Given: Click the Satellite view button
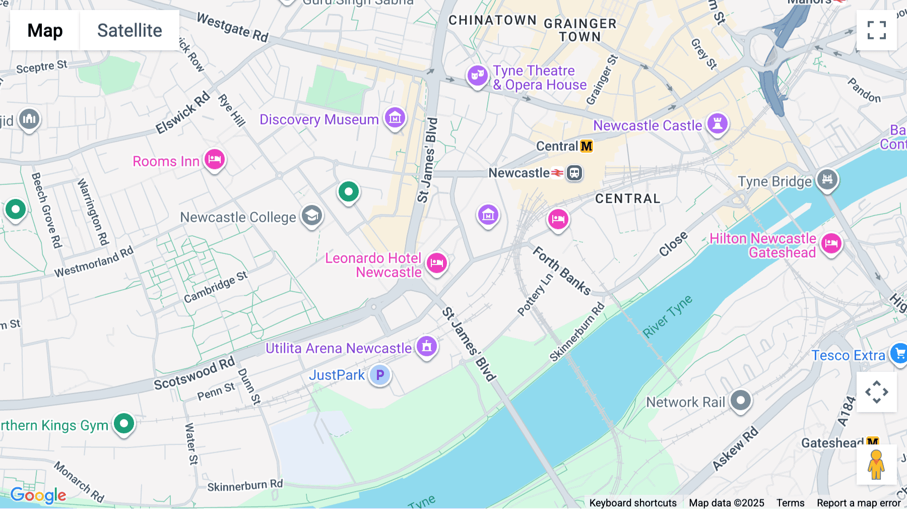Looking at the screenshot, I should coord(129,30).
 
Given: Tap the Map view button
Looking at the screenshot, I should coord(45,30).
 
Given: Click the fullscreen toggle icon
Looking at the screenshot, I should coord(876,30).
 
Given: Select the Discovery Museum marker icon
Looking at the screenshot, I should coord(395,118).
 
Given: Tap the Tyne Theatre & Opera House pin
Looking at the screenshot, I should coord(477,76).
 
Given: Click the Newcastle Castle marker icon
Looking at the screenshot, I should coord(718,123).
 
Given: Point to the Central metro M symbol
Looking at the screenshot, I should coord(587,146).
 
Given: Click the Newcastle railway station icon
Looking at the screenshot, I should coord(574,173).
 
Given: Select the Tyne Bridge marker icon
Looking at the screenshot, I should coord(827,179).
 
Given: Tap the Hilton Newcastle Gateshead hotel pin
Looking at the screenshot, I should coord(831,244).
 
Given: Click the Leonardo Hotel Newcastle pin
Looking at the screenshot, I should coord(437,263).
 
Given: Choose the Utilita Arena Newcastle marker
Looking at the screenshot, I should coord(427,347).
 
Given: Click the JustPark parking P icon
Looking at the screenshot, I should coord(380,375).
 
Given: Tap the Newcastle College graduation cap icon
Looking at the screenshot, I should coord(312,216).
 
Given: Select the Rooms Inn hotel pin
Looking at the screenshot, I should coord(215,160).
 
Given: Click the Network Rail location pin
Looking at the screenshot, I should coord(741,401).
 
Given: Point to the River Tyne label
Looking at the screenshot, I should coord(667,316).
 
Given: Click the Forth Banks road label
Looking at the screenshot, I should coord(562,271).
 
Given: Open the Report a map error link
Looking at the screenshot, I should coord(859,503).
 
